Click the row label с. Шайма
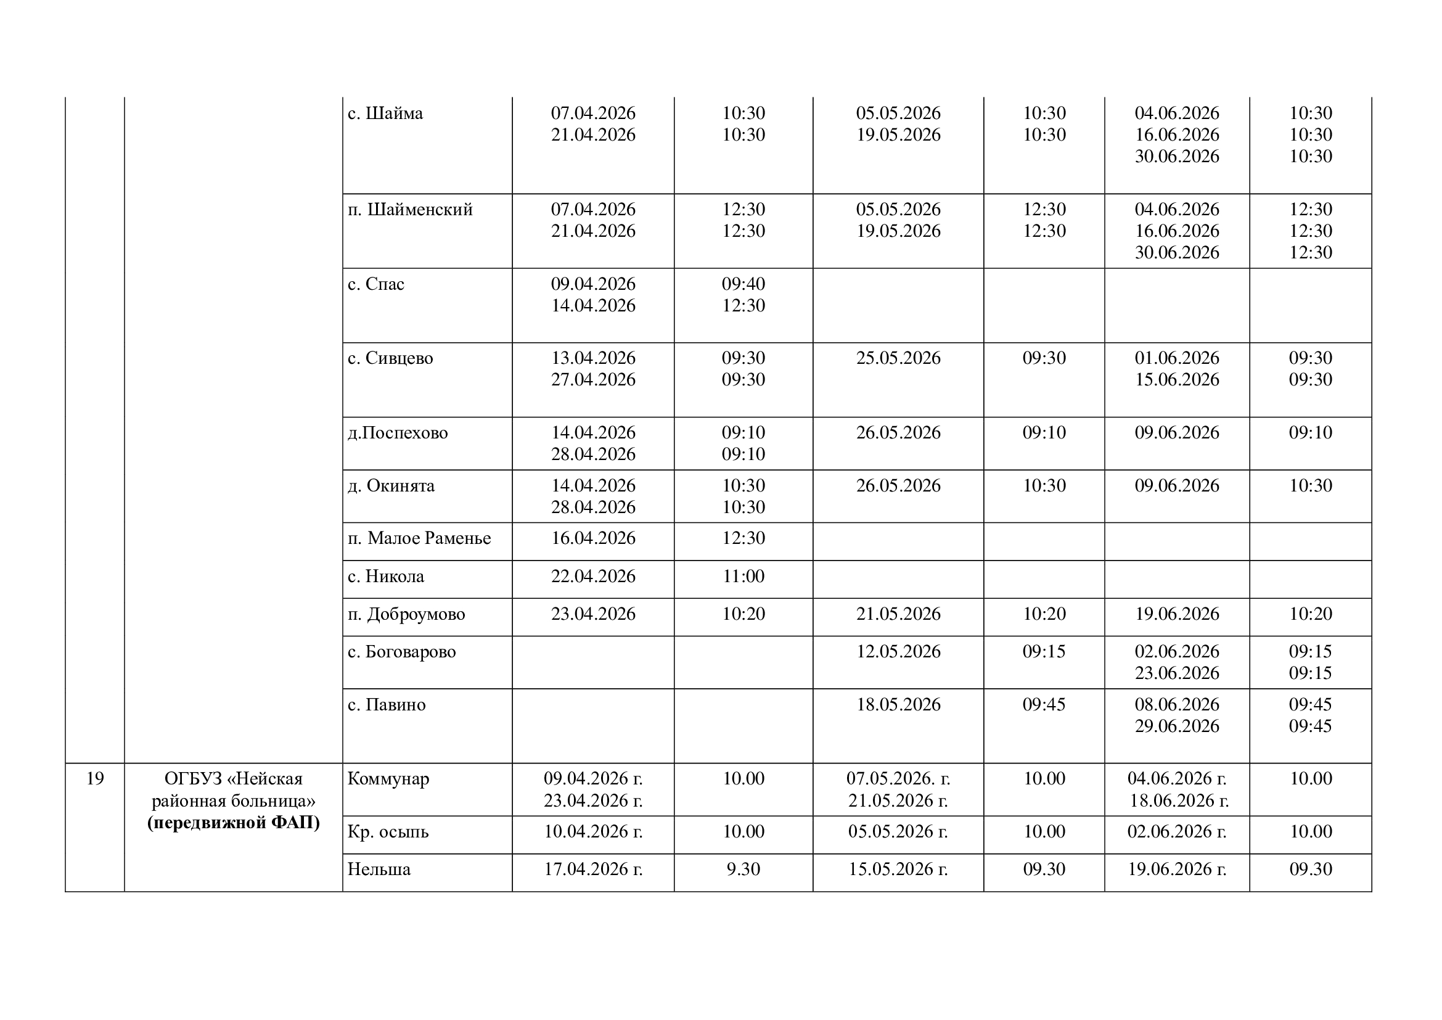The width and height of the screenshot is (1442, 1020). tap(385, 113)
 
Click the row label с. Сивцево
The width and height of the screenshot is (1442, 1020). tap(390, 358)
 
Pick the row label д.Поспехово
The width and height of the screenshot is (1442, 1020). tap(398, 433)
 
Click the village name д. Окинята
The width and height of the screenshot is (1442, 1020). tap(391, 485)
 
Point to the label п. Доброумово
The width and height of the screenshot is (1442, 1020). tap(406, 614)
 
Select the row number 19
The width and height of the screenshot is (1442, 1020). tap(95, 779)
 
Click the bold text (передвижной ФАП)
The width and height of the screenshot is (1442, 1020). tap(234, 822)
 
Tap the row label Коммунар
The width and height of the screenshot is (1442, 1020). tap(388, 779)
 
